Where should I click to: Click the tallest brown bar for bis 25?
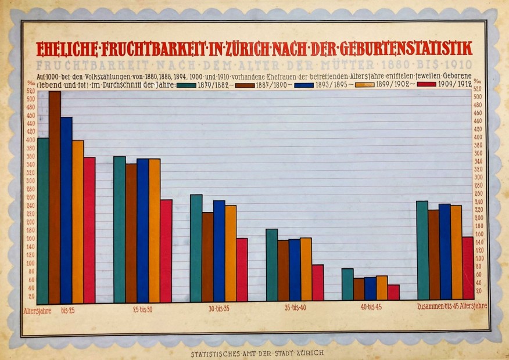pyautogui.click(x=55, y=197)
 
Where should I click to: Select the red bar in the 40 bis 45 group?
pyautogui.click(x=393, y=292)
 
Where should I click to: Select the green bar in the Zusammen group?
pyautogui.click(x=422, y=250)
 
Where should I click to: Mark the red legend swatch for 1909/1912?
pyautogui.click(x=427, y=85)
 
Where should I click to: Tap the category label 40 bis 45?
pyautogui.click(x=370, y=307)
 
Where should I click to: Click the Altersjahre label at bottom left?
pyautogui.click(x=37, y=310)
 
